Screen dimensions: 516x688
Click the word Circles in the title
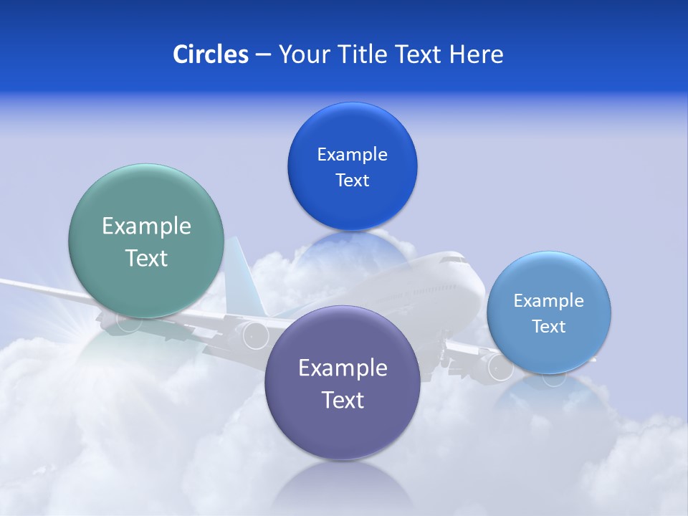pos(210,54)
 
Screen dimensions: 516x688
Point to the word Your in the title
pos(302,54)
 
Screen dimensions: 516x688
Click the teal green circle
pos(146,287)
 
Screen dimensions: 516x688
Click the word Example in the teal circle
pos(146,226)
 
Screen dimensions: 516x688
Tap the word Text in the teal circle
pos(146,258)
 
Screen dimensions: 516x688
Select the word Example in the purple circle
pos(343,368)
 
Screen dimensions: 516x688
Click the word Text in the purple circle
pos(343,400)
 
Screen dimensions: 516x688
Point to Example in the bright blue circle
pos(352,155)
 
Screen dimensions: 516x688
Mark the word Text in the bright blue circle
pos(352,180)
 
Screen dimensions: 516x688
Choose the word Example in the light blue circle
pos(548,301)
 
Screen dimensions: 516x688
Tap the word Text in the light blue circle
pos(548,327)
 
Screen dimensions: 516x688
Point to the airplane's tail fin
pos(236,276)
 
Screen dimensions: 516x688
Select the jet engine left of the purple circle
pos(252,335)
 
